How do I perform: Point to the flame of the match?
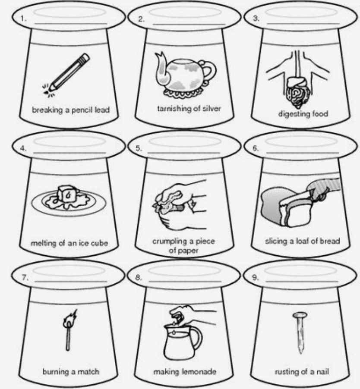tap(70, 317)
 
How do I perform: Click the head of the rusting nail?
tap(300, 315)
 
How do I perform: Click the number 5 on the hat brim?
tap(139, 148)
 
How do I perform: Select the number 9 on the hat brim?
tap(255, 277)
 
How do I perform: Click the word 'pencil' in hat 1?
tap(82, 110)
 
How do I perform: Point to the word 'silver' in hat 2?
tap(212, 108)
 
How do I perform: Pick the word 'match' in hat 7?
tap(88, 372)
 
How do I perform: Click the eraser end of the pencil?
tap(85, 57)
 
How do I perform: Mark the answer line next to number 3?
tap(303, 24)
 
